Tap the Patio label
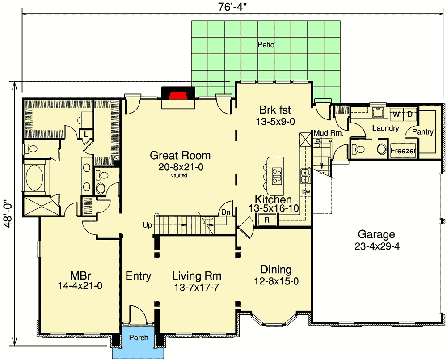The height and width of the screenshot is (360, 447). pyautogui.click(x=266, y=45)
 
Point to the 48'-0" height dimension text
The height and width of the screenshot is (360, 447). pyautogui.click(x=7, y=214)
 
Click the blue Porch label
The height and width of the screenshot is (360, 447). pyautogui.click(x=139, y=338)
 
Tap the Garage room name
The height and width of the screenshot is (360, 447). pyautogui.click(x=376, y=234)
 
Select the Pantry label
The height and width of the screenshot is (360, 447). pyautogui.click(x=422, y=132)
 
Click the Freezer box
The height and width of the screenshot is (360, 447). pyautogui.click(x=403, y=151)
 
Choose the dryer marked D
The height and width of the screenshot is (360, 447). pyautogui.click(x=409, y=114)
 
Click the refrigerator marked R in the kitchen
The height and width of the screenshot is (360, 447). pyautogui.click(x=266, y=220)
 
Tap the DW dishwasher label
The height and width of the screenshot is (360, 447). pyautogui.click(x=306, y=191)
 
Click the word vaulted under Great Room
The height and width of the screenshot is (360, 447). pyautogui.click(x=179, y=176)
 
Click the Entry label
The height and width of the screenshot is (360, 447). pyautogui.click(x=138, y=276)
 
